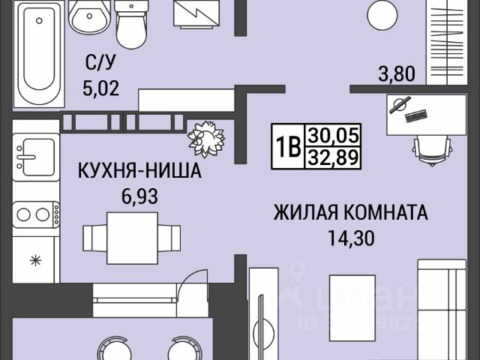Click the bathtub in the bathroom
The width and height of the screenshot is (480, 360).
coord(35,52)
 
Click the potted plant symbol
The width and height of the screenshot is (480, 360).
coord(205,138)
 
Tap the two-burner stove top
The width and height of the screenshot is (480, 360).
coord(34,214)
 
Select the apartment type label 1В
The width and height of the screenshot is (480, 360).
coord(287,146)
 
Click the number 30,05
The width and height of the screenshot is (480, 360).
coord(334,136)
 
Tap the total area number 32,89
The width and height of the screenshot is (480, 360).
coord(334,157)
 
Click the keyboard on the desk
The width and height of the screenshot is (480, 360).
coord(415,115)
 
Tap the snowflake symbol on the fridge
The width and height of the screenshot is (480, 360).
coord(34,261)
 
